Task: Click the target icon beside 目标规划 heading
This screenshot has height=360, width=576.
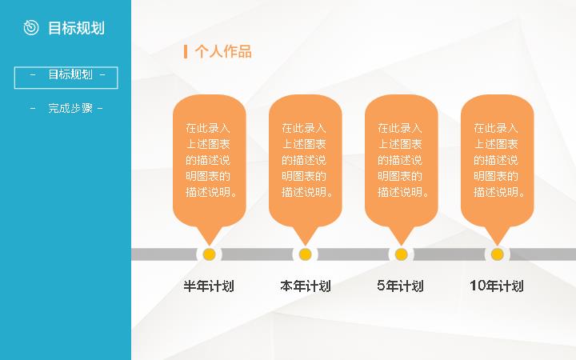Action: (31, 28)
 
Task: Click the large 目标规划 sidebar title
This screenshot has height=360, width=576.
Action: (77, 28)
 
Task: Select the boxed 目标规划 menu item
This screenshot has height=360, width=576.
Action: (66, 78)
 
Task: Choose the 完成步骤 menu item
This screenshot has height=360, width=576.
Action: (66, 108)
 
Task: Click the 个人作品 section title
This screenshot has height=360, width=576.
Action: (223, 51)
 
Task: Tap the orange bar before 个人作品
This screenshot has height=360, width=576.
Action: (186, 51)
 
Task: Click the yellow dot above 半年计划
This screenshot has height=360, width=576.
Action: (209, 254)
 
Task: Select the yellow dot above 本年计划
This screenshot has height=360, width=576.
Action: (305, 254)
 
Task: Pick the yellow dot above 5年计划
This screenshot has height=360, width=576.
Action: (401, 254)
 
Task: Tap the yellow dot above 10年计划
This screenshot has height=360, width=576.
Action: (497, 254)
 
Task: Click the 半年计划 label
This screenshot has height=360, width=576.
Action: (209, 286)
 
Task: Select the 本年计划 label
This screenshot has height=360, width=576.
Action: (306, 286)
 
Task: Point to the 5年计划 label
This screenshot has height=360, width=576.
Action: (401, 286)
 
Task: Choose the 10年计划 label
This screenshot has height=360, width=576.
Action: (497, 286)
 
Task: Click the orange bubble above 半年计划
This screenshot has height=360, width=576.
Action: (210, 162)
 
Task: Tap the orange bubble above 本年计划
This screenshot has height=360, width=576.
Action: (306, 162)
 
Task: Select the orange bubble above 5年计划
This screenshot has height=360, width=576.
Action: (401, 162)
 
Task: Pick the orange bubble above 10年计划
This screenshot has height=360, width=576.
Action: (497, 162)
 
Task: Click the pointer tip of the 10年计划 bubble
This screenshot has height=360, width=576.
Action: (497, 245)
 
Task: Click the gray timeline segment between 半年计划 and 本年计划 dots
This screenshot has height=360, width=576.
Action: (257, 254)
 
